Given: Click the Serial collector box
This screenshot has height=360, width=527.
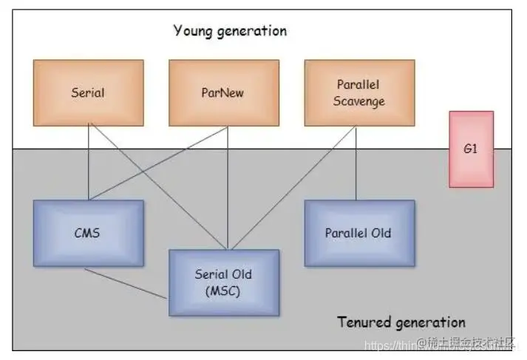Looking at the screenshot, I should (x=88, y=92).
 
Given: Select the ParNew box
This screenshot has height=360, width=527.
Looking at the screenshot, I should (x=224, y=92).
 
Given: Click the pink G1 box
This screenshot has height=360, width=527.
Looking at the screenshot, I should (x=471, y=149).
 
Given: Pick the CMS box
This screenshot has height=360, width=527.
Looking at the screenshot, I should (x=88, y=233).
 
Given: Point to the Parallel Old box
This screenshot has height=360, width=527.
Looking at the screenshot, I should (x=358, y=233).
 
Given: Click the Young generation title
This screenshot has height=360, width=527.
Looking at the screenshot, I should (x=230, y=30).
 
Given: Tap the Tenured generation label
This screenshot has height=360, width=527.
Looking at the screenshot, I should (x=401, y=322).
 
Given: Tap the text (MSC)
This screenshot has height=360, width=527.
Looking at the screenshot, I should (x=224, y=291).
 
